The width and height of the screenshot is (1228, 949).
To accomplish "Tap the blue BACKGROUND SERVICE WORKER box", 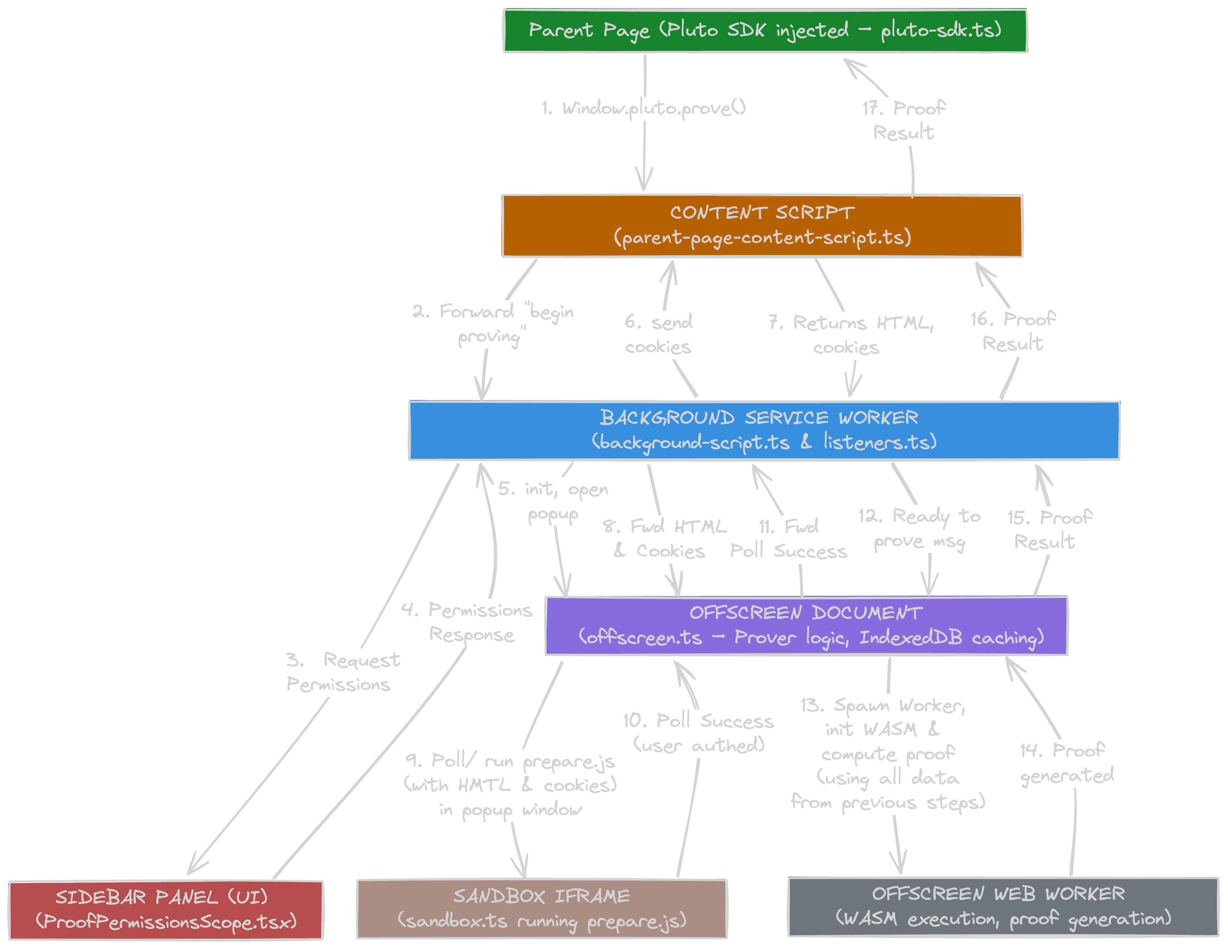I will tap(763, 430).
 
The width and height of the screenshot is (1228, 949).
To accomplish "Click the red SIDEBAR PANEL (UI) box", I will tap(166, 910).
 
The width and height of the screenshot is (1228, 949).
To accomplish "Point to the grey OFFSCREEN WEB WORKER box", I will tap(1003, 907).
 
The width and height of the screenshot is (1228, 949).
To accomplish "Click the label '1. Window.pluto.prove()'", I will tap(644, 108).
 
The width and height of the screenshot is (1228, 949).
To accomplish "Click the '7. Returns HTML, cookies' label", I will tap(850, 335).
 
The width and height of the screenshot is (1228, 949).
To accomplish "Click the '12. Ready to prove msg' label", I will tap(919, 529).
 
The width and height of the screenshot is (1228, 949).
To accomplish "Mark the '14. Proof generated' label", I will tap(1066, 763).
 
